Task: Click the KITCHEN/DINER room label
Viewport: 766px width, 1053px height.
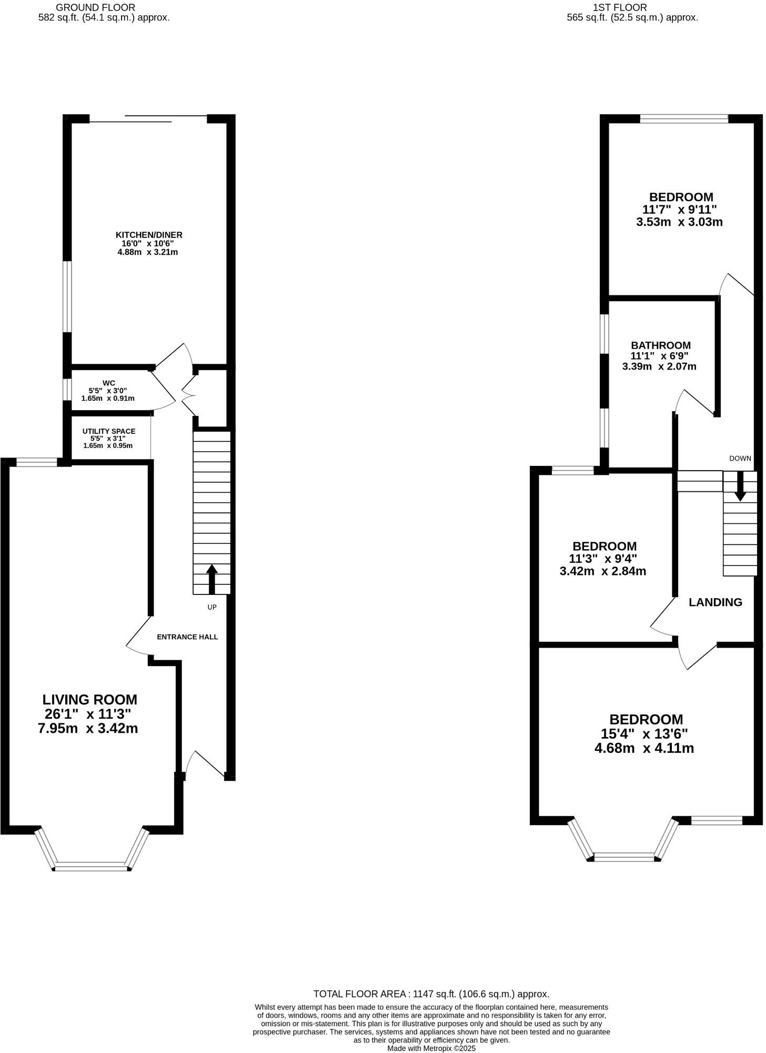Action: coord(149,235)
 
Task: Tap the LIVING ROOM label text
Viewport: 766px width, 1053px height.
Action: coord(89,700)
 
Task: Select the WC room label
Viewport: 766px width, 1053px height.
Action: coord(109,383)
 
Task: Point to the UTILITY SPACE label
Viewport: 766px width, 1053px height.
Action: coord(109,431)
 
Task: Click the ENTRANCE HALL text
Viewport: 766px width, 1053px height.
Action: coord(187,637)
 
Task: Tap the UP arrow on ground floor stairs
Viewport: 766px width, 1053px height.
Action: coord(212,579)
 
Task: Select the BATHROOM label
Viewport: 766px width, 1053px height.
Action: coord(661,345)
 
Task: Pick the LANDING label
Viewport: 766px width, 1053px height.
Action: coord(715,602)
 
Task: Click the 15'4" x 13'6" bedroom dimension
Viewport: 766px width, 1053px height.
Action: coord(644,733)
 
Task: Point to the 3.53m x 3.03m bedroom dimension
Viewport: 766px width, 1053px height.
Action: coord(679,222)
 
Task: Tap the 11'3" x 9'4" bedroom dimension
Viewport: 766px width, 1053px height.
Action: coord(603,559)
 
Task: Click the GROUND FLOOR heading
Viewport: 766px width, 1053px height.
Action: coord(95,7)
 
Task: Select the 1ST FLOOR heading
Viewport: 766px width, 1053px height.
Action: coord(620,7)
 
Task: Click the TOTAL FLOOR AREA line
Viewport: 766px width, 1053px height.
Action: coord(431,994)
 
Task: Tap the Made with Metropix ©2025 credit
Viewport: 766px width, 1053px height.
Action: coord(431,1048)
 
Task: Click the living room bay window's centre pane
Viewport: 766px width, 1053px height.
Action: coord(92,867)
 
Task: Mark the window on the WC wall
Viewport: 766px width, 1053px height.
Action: coord(67,390)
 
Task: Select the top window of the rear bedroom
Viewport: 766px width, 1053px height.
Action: coord(684,119)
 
